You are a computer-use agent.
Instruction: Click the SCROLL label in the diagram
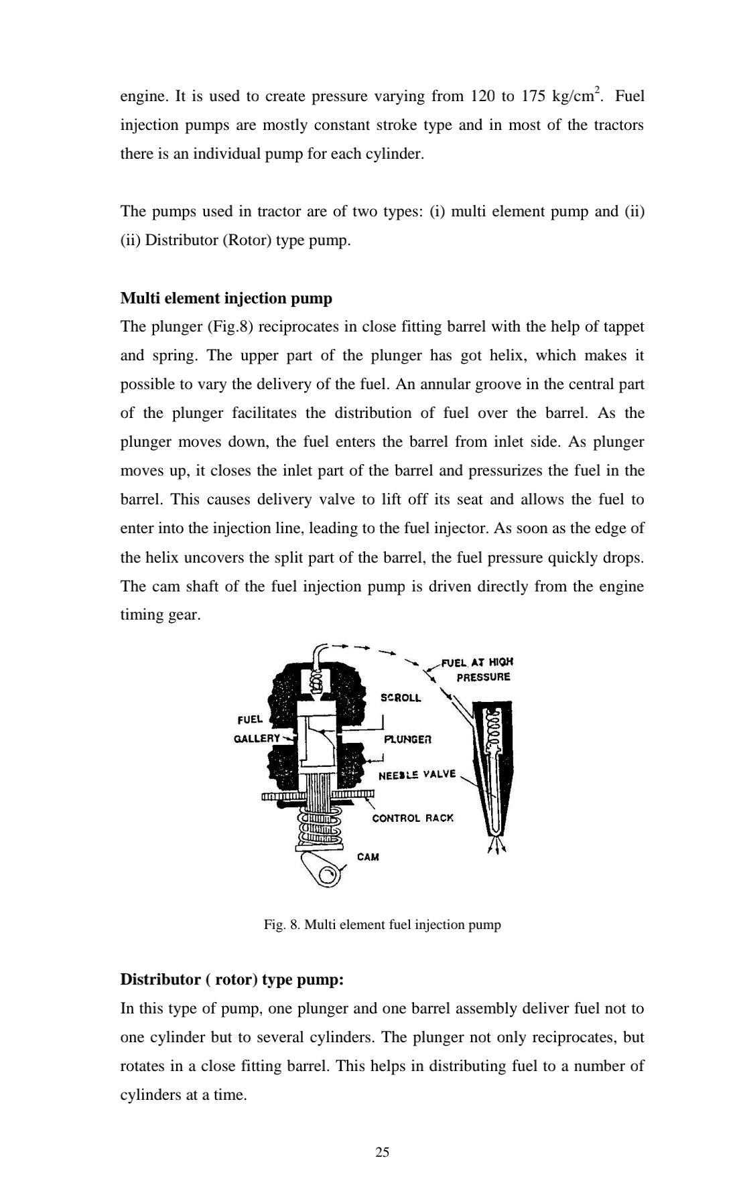[401, 697]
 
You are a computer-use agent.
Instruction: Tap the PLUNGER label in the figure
[407, 739]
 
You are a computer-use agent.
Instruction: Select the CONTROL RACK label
[413, 818]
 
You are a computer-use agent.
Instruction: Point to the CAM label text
[368, 857]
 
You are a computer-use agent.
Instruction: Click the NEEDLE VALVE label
[417, 774]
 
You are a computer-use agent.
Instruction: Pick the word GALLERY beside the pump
[257, 738]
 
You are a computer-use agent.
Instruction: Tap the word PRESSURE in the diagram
[483, 677]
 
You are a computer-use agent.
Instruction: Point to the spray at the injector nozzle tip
[496, 845]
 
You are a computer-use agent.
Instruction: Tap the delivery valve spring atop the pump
[314, 683]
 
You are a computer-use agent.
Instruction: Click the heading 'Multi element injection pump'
[226, 298]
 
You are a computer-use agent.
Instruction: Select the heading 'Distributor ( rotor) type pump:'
[232, 980]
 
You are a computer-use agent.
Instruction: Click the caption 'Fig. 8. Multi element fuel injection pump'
[382, 925]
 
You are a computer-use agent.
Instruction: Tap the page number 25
[383, 1152]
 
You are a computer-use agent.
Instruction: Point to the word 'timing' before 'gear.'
[141, 615]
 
